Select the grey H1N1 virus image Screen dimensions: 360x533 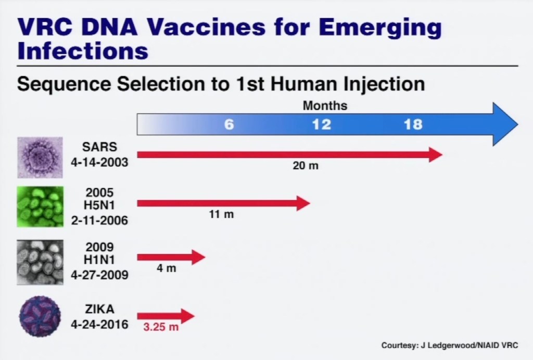pyautogui.click(x=40, y=262)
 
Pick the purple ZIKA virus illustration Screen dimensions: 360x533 pyautogui.click(x=40, y=317)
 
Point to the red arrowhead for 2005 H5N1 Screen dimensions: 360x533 pyautogui.click(x=303, y=203)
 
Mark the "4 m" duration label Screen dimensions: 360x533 pyautogui.click(x=167, y=269)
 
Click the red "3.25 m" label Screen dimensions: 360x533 pyautogui.click(x=161, y=328)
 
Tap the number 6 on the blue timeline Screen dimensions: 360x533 pyautogui.click(x=229, y=125)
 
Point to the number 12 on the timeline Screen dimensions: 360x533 pyautogui.click(x=321, y=125)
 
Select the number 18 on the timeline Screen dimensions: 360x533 pyautogui.click(x=413, y=125)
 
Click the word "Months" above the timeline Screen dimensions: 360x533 pyautogui.click(x=325, y=106)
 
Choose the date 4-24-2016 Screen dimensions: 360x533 pyautogui.click(x=99, y=325)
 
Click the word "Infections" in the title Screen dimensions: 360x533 pyautogui.click(x=82, y=51)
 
